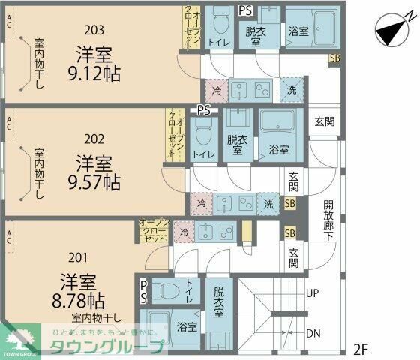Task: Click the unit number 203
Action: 94,31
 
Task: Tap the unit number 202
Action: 94,138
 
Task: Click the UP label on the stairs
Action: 314,293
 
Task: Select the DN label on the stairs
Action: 314,333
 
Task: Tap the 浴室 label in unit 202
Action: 277,150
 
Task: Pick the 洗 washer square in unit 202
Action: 268,202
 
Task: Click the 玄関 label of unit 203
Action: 323,121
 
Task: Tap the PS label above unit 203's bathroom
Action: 244,10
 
